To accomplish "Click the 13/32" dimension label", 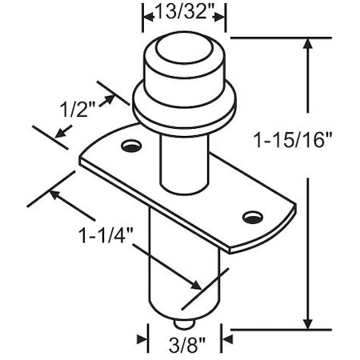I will click(183, 12).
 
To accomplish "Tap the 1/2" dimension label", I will click(77, 110).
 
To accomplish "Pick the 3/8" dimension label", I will click(183, 346).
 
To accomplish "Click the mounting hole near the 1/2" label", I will click(130, 146).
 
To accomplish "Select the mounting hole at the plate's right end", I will click(253, 216).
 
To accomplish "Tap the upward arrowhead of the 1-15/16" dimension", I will click(308, 46).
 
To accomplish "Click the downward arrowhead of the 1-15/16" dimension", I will click(308, 320).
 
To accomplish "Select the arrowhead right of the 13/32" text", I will click(219, 13).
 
